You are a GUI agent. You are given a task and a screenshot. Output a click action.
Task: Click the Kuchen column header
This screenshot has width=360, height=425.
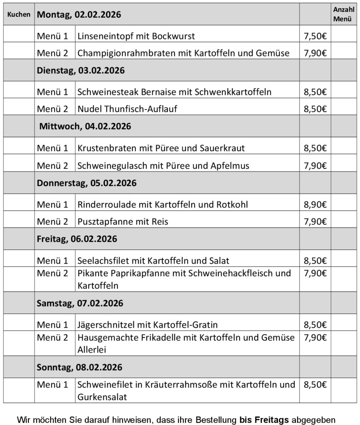pos(19,14)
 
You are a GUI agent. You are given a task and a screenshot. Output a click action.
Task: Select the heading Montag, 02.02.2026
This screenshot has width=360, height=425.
pos(79,15)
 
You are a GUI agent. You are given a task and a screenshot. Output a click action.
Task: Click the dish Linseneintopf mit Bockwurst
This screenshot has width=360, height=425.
pos(136,36)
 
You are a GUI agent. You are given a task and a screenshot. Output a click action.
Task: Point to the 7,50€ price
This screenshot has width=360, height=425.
pos(315,36)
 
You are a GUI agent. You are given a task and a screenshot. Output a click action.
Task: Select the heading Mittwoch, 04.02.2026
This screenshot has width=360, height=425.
pos(85,127)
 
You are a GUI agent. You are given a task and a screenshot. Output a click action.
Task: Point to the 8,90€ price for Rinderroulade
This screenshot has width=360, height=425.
pos(315,204)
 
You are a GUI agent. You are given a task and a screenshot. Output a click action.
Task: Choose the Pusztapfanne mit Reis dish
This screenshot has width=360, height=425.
pos(123,221)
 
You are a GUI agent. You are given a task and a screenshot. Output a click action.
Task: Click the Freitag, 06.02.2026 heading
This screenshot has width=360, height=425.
pos(77,239)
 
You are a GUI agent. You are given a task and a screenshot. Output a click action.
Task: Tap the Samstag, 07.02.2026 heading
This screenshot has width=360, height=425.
pos(80,303)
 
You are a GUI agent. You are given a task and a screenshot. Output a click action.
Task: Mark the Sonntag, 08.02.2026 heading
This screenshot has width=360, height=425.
pos(80,367)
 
